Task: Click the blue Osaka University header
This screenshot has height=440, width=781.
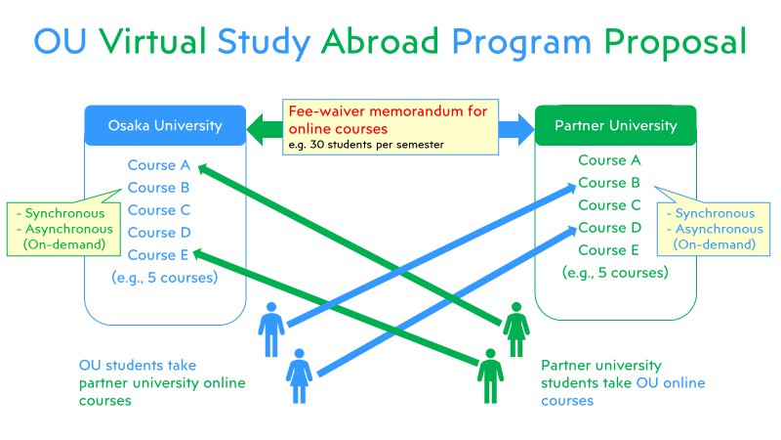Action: (x=164, y=125)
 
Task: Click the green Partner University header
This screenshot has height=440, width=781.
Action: (x=615, y=125)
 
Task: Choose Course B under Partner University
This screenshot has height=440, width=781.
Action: (x=608, y=183)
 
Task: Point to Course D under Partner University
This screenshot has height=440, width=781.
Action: (x=608, y=228)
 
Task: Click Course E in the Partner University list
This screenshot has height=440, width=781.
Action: (x=608, y=250)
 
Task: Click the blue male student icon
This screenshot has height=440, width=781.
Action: (x=271, y=330)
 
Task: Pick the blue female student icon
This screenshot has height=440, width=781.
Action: (x=299, y=375)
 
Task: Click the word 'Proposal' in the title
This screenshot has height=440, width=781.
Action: (x=675, y=41)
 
